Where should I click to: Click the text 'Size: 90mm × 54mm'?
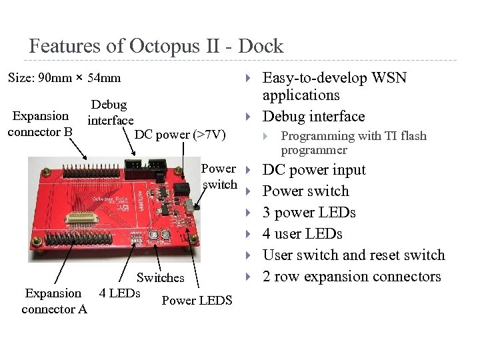pyautogui.click(x=64, y=77)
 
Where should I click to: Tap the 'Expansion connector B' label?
pyautogui.click(x=40, y=124)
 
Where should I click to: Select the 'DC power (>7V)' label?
pyautogui.click(x=180, y=135)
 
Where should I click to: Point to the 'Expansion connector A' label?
pyautogui.click(x=54, y=301)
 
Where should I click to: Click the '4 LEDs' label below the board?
pyautogui.click(x=119, y=293)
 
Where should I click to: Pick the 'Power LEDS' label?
pyautogui.click(x=197, y=300)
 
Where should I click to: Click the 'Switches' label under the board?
pyautogui.click(x=160, y=277)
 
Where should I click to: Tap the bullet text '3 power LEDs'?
pyautogui.click(x=309, y=213)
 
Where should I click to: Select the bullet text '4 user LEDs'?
pyautogui.click(x=302, y=234)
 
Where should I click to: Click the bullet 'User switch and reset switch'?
pyautogui.click(x=353, y=255)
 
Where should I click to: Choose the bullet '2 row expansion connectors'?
pyautogui.click(x=351, y=277)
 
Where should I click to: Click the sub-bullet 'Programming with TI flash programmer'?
pyautogui.click(x=353, y=143)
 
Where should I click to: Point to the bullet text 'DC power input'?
pyautogui.click(x=314, y=170)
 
